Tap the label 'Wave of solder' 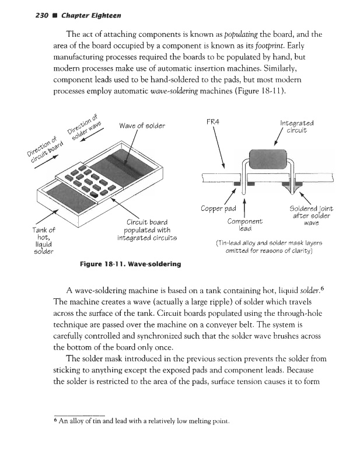pyautogui.click(x=142, y=126)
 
